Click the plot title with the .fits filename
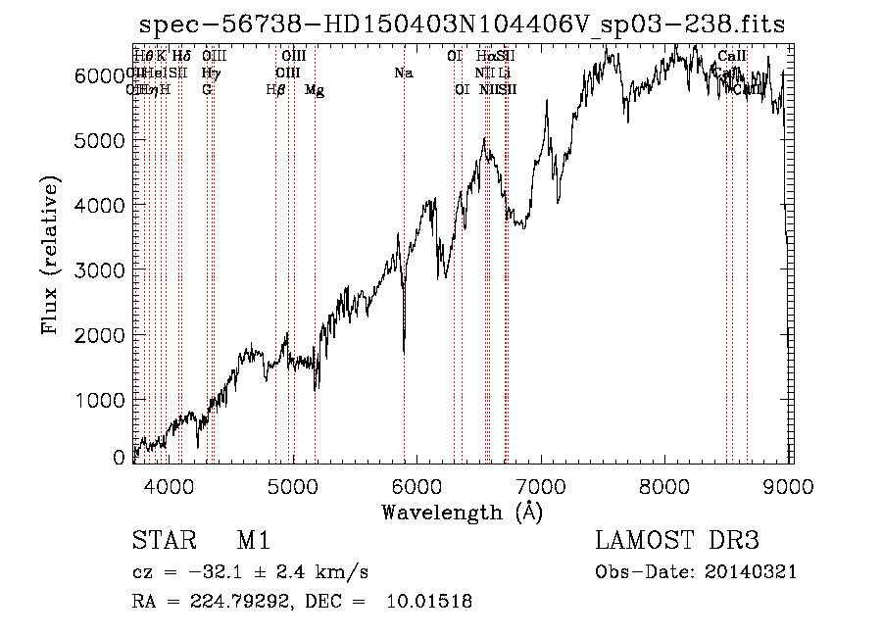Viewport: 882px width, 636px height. click(x=462, y=24)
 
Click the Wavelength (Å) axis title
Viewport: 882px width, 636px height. click(x=462, y=512)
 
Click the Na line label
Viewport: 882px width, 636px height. click(x=403, y=73)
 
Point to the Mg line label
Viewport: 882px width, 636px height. click(x=315, y=90)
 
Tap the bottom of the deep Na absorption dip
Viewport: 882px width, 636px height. click(x=404, y=351)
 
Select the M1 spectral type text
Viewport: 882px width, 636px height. click(x=253, y=541)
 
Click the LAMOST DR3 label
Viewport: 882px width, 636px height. click(x=676, y=541)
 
